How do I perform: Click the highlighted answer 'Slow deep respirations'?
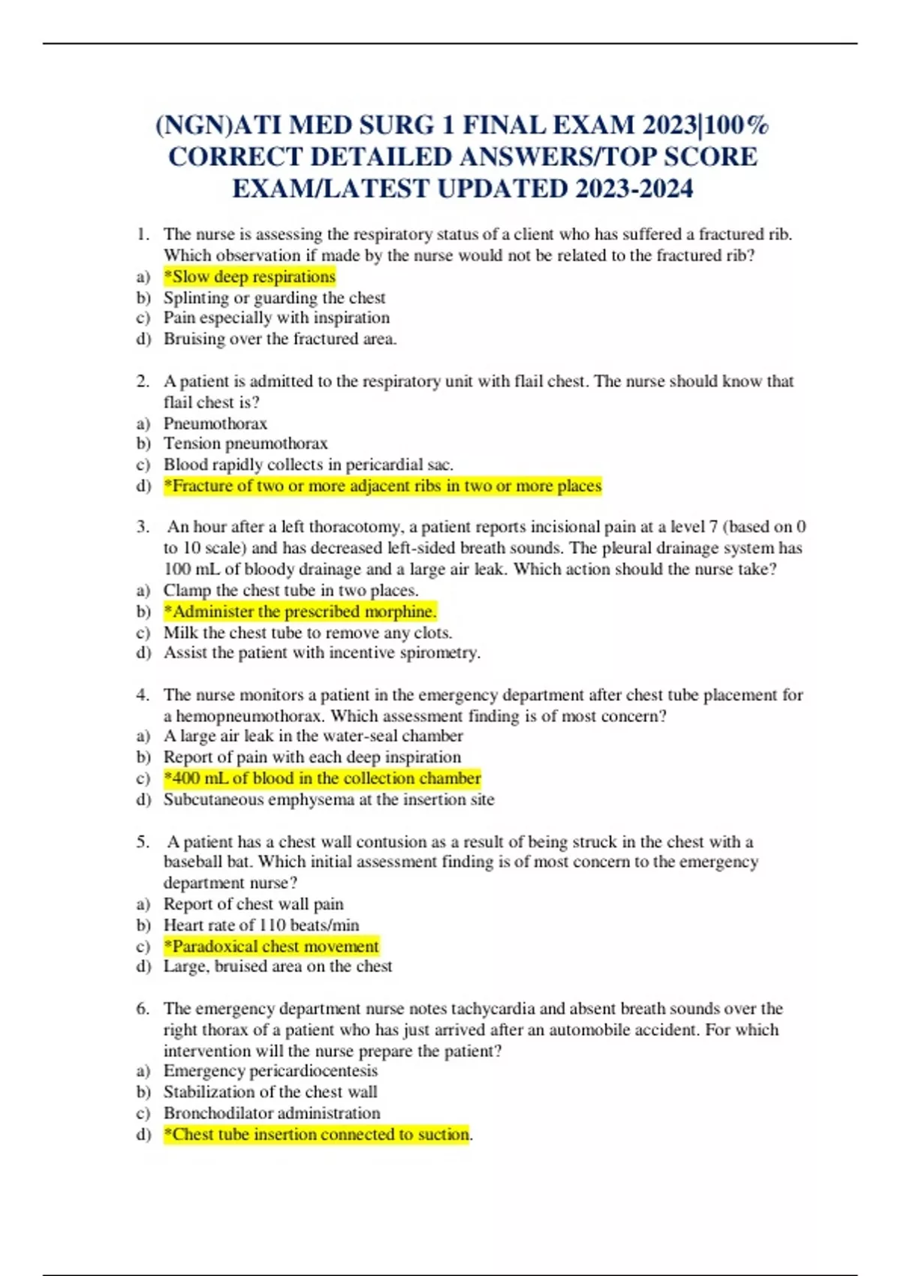point(249,277)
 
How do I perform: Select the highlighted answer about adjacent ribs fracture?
point(383,486)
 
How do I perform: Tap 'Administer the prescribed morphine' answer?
point(300,612)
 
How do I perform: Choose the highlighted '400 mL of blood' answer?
point(322,778)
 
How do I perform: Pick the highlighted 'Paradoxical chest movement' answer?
point(271,946)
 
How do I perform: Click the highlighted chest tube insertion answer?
point(317,1134)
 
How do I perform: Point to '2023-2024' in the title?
point(634,188)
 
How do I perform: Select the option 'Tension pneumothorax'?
point(246,444)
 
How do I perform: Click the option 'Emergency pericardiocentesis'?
point(270,1071)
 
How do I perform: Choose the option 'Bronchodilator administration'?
point(272,1113)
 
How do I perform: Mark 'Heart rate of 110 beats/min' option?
point(261,925)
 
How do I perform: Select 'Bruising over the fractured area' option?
point(280,339)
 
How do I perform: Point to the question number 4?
point(143,695)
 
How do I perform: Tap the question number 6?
point(143,1009)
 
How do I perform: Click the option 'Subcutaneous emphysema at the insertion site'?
point(329,800)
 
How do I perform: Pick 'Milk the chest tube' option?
point(308,633)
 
